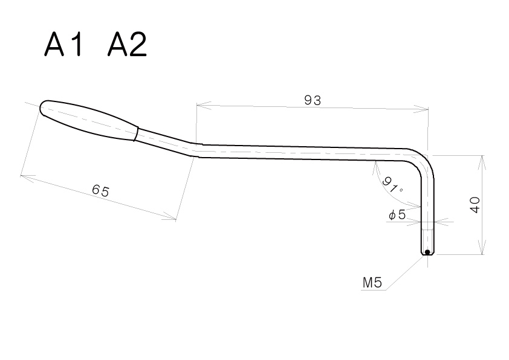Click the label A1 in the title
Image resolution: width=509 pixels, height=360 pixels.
coord(63,45)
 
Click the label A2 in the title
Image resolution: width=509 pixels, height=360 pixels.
coord(127,45)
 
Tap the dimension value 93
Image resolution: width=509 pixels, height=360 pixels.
coord(313,100)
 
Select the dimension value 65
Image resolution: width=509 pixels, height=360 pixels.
coord(100,190)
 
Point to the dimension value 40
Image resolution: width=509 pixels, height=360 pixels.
coord(475,205)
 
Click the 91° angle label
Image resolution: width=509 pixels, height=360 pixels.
coord(392,185)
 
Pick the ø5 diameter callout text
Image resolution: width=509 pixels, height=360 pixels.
coord(397,214)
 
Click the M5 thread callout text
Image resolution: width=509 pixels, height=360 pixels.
coord(372,283)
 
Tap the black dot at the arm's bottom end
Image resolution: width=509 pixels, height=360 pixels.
coord(427,252)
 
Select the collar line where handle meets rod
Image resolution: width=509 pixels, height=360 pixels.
coord(137,133)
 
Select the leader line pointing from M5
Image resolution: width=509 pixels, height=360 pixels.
coord(406,272)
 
